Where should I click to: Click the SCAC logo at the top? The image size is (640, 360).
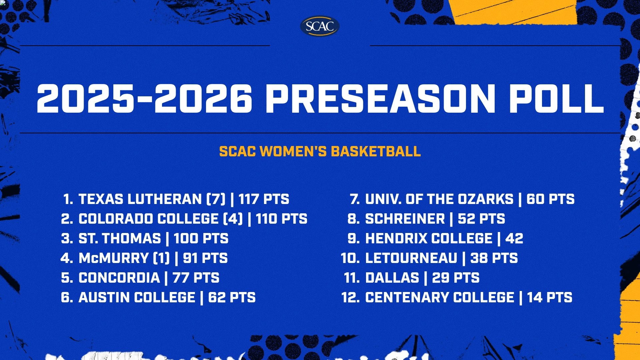coord(320,26)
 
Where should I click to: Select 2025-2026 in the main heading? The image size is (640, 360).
coord(144,99)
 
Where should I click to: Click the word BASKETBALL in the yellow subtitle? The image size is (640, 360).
coord(376,151)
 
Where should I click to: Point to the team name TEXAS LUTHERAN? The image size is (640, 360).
coord(140,199)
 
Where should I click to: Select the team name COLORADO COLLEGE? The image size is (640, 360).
coord(148,219)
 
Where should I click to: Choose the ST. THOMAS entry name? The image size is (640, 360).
coord(120,238)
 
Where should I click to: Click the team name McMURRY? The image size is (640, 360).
coord(113,258)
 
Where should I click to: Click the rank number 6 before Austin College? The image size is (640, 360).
coord(66,297)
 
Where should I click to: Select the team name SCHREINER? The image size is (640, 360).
coord(405,219)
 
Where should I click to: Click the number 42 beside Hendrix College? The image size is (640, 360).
coord(514,238)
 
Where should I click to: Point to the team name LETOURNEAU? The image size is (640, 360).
coord(411,258)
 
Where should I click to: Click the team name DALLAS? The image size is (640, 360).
coord(392,278)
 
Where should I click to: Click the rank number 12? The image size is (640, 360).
coord(350,297)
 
